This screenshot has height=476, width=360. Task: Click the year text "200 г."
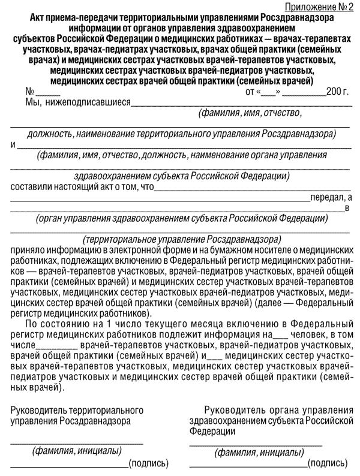pos(337,92)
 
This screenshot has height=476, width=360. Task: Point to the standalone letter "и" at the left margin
pos(13,145)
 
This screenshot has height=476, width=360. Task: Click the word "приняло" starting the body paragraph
pos(28,248)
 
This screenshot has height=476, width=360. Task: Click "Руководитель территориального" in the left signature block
pos(76,411)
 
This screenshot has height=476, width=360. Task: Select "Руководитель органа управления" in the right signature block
pos(278,411)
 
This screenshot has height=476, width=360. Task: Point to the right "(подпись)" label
pos(327,463)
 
